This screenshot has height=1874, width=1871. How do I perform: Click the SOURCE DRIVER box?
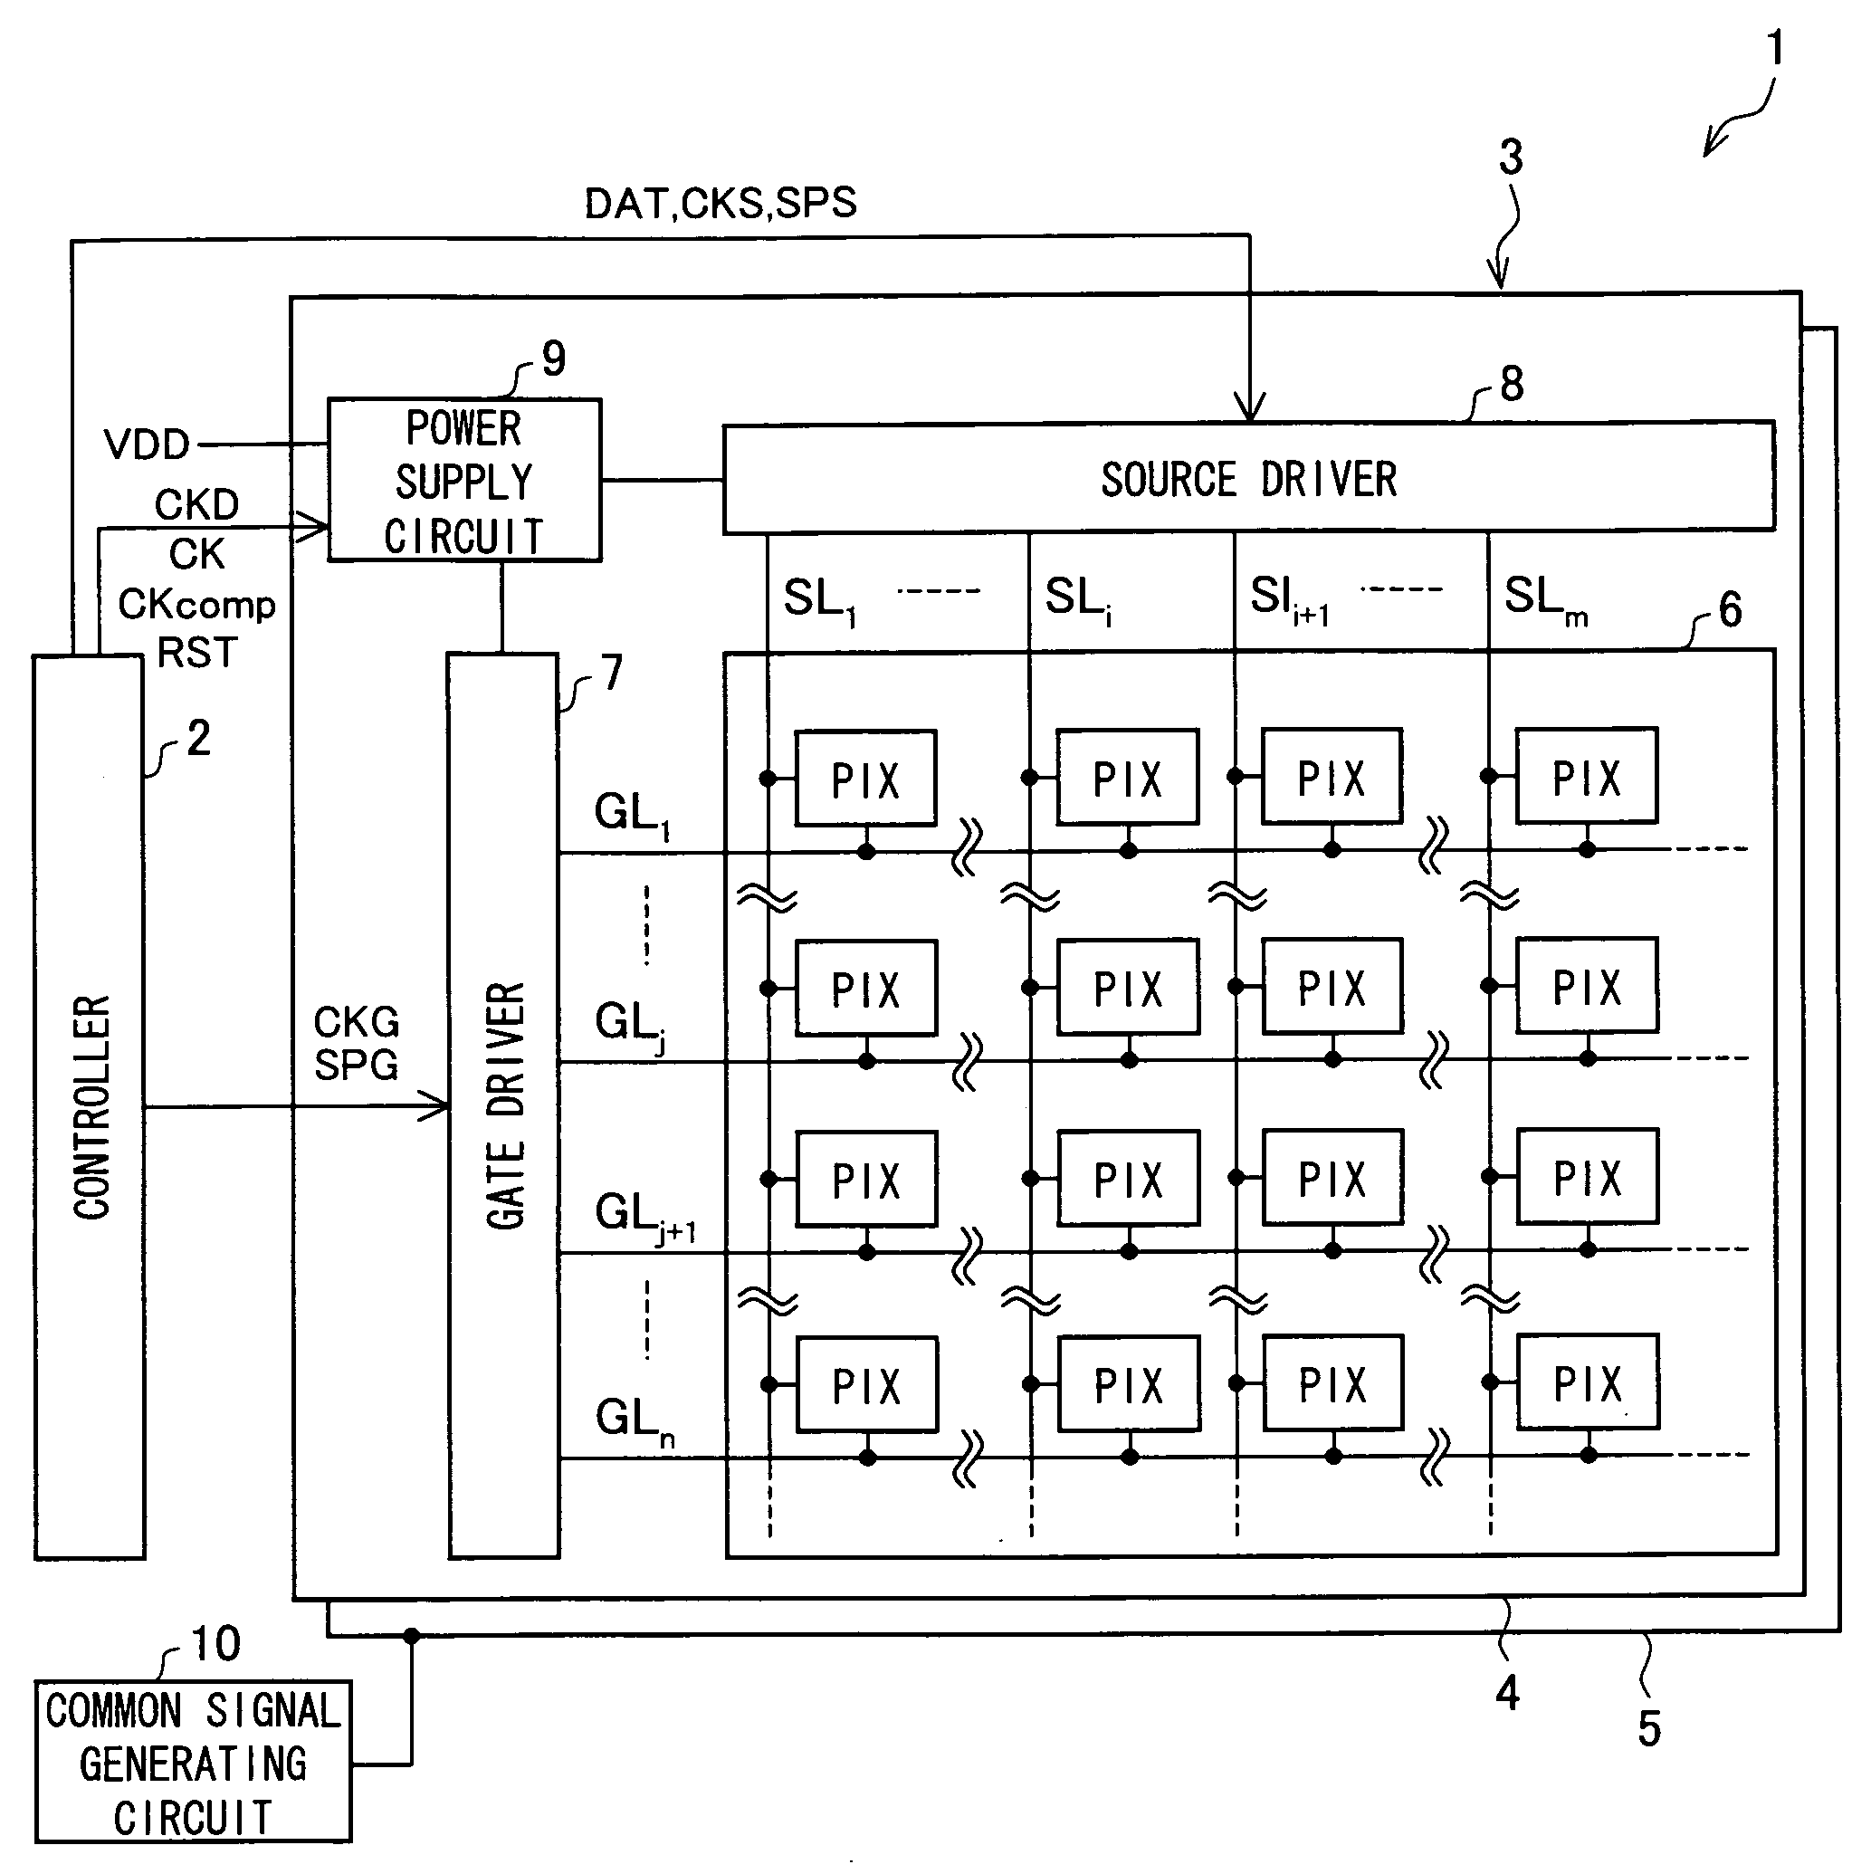(1249, 477)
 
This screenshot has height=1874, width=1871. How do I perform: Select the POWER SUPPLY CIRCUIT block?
(464, 480)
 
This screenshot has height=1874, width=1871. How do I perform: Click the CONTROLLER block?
(90, 1106)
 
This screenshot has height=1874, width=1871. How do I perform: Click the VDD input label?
(147, 445)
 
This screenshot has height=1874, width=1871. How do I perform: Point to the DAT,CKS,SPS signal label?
(721, 204)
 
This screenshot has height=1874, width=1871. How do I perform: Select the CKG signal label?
(356, 1021)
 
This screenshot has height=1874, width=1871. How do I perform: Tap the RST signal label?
(197, 652)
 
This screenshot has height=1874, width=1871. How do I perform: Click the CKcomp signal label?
(197, 605)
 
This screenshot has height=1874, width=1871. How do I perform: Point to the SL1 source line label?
(819, 599)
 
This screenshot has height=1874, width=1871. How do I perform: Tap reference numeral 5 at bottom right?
(1649, 1727)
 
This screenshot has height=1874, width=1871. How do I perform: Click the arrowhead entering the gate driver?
(434, 1104)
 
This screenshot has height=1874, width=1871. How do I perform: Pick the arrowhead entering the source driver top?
(1249, 406)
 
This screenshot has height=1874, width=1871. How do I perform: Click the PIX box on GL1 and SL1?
(865, 778)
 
